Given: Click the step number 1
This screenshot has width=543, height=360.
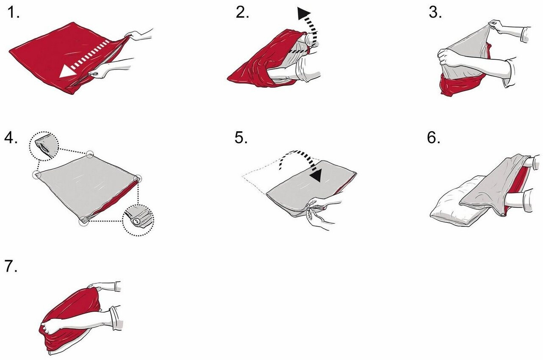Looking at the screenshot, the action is click(13, 13).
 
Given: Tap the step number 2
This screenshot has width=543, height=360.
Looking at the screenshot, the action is click(242, 13).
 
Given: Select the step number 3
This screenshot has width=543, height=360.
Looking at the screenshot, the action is click(435, 13).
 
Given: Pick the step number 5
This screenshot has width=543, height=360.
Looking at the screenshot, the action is click(241, 138).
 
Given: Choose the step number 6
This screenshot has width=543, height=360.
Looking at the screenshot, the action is click(433, 138).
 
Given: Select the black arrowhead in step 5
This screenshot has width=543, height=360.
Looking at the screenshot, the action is click(316, 175).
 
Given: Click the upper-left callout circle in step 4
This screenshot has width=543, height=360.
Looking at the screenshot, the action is click(44, 146).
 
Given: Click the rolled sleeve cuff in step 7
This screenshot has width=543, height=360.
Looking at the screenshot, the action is click(116, 318).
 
